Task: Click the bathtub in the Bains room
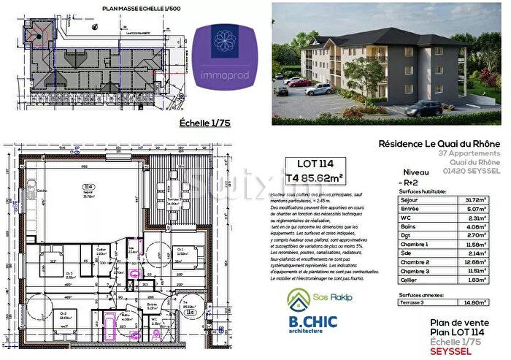(109, 321)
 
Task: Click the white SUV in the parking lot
(319, 89)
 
